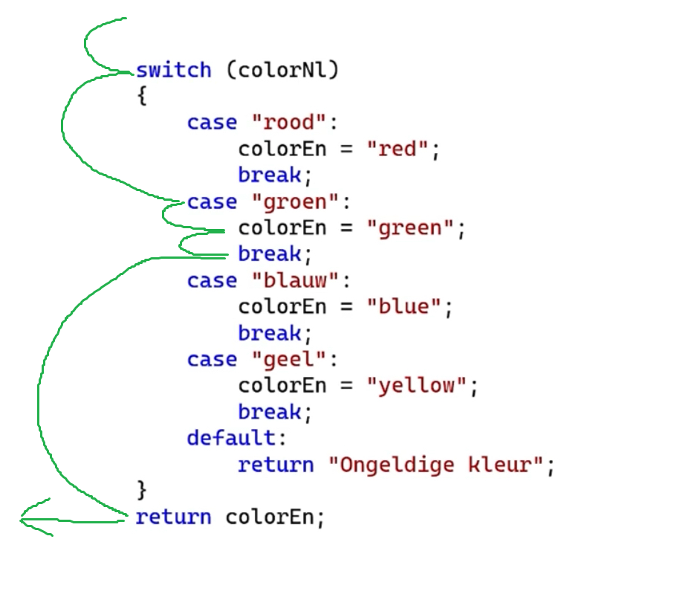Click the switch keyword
[173, 71]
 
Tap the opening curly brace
[142, 97]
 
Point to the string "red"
[398, 149]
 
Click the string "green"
[411, 228]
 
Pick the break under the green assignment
[270, 254]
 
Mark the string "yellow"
[418, 387]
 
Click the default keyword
[231, 438]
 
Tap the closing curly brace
[142, 490]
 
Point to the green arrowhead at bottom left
[28, 520]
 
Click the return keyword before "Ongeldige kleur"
[276, 465]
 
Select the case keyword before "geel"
[212, 360]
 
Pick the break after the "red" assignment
[270, 175]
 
